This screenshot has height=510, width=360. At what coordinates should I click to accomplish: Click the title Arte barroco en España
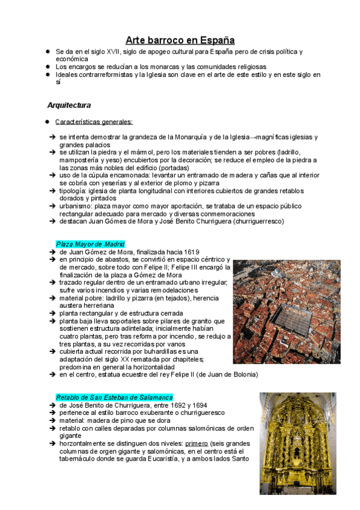pos(180,40)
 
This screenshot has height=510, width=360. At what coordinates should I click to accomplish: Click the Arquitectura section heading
pos(69,105)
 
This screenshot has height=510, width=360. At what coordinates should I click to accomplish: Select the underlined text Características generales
pos(94,121)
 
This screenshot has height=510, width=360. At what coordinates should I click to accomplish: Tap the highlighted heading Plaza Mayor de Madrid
pos(90,244)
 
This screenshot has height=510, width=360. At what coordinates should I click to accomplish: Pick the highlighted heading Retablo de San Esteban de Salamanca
pos(114,398)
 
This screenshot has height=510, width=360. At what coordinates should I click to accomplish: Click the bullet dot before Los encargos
pos(47,67)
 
